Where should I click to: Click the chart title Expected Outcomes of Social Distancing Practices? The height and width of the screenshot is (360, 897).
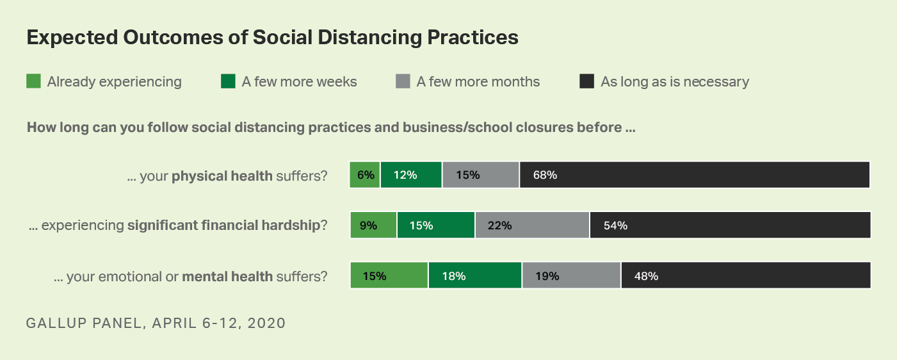coord(272,38)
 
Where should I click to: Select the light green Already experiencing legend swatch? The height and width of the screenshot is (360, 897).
coord(33,81)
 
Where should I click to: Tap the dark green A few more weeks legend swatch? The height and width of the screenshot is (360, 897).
coord(228,81)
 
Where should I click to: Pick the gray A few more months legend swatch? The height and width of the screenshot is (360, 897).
coord(403,81)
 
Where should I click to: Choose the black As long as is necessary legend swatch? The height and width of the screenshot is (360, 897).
coord(586,81)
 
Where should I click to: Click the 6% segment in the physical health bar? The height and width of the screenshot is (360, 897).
coord(365,175)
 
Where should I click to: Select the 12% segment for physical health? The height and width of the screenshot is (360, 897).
coord(411,175)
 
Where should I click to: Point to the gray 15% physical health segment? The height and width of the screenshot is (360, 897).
coord(480,175)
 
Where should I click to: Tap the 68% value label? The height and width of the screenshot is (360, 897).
coord(545,175)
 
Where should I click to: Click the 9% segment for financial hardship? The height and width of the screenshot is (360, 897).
coord(373,225)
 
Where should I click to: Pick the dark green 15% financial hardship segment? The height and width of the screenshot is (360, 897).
coord(435,225)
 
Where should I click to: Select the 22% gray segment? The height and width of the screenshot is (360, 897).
coord(532,225)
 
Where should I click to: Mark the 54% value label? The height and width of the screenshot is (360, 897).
coord(615,225)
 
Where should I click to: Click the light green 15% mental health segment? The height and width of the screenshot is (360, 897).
coord(389,275)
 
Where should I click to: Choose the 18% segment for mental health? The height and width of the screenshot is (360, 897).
coord(475,275)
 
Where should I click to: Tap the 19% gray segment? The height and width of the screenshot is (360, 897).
coord(571,275)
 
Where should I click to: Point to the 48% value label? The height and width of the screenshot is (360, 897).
coord(646,276)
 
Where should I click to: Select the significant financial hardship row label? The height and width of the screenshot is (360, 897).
coord(178,225)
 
